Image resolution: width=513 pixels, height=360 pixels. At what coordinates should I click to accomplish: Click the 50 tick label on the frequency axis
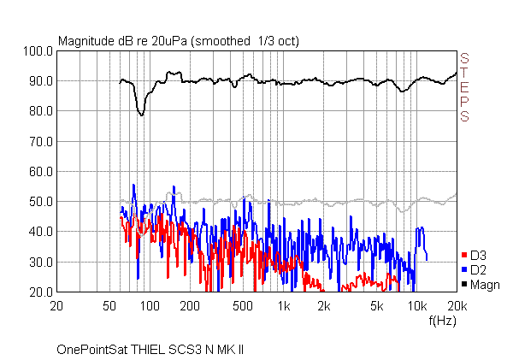click(x=109, y=306)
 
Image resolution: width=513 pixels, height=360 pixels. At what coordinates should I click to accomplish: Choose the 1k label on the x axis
click(x=284, y=306)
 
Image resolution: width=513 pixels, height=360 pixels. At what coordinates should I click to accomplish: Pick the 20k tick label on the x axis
click(x=457, y=306)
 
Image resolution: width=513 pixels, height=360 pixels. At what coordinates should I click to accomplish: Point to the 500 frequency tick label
click(x=243, y=306)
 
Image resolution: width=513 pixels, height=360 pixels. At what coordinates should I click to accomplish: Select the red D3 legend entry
click(x=476, y=256)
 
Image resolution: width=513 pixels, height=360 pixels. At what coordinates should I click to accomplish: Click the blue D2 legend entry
click(x=476, y=270)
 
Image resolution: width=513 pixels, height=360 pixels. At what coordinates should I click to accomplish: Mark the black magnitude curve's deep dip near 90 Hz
click(x=142, y=114)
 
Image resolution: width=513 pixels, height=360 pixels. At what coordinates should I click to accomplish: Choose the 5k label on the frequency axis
click(x=377, y=306)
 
